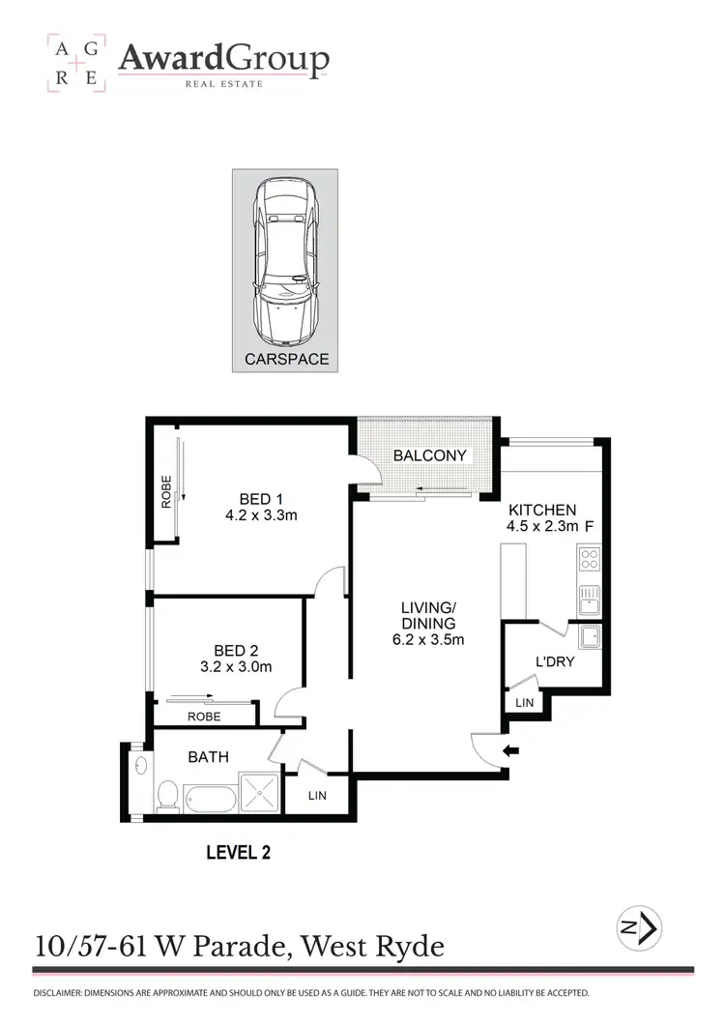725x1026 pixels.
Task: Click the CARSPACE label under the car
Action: click(x=285, y=359)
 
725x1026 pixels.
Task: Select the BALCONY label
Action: click(x=430, y=455)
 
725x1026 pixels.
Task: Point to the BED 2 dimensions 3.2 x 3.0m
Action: click(x=236, y=666)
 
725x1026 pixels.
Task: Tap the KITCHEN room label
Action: click(x=541, y=510)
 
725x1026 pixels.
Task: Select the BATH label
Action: click(x=208, y=756)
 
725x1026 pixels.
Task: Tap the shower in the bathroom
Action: click(x=259, y=795)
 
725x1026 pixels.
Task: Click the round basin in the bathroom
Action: click(x=142, y=767)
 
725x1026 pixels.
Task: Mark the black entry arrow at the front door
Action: click(x=511, y=749)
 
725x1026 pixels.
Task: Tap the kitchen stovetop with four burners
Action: click(x=588, y=559)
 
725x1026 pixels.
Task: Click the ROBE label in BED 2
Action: click(x=204, y=717)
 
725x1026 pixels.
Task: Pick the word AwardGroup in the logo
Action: click(x=223, y=60)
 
